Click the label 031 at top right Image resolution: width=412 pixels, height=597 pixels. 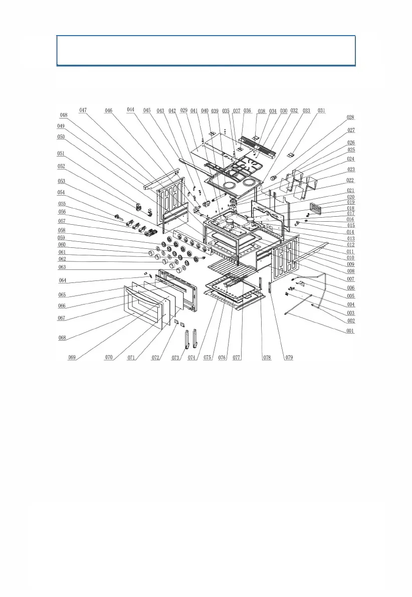pyautogui.click(x=321, y=110)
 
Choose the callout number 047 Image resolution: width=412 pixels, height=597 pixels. pyautogui.click(x=83, y=110)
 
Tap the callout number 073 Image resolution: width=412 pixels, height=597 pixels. pyautogui.click(x=176, y=358)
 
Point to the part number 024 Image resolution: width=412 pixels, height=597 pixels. pyautogui.click(x=350, y=159)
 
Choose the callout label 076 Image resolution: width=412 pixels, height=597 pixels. pyautogui.click(x=225, y=358)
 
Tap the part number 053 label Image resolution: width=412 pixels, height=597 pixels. pyautogui.click(x=61, y=181)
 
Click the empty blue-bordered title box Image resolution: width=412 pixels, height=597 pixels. pyautogui.click(x=206, y=50)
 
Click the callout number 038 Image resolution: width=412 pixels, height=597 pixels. pyautogui.click(x=261, y=110)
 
